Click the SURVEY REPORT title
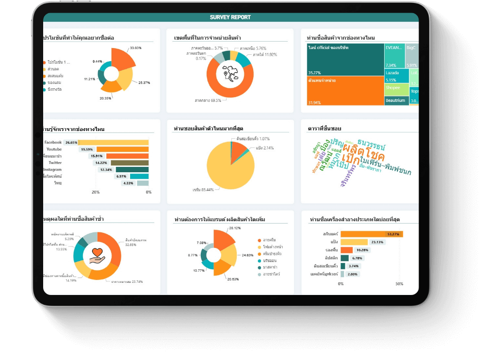tap(230, 17)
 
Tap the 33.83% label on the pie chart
tap(135, 48)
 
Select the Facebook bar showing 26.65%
tap(114, 143)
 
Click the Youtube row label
tap(54, 149)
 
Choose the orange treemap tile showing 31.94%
tap(345, 91)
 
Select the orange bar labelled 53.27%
tap(371, 234)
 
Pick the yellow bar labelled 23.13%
tap(354, 242)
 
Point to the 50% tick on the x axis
tap(399, 284)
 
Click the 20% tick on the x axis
tap(96, 192)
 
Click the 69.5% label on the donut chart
tap(208, 100)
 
